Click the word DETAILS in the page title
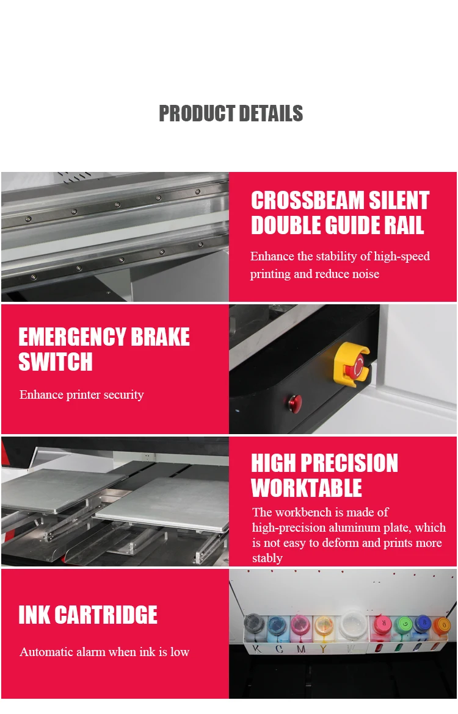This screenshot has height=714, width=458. pyautogui.click(x=271, y=113)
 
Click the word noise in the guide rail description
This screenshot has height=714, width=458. pyautogui.click(x=366, y=274)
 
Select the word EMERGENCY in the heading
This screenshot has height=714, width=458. pyautogui.click(x=71, y=337)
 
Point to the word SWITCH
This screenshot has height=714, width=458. pyautogui.click(x=55, y=362)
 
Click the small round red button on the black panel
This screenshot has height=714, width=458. pyautogui.click(x=295, y=401)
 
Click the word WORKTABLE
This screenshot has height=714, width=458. pyautogui.click(x=307, y=488)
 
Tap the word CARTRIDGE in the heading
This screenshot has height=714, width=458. pyautogui.click(x=106, y=615)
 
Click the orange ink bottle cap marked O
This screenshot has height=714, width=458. pyautogui.click(x=442, y=625)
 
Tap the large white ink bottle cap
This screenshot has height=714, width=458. pyautogui.click(x=353, y=621)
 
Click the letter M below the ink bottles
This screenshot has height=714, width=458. pyautogui.click(x=301, y=649)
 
